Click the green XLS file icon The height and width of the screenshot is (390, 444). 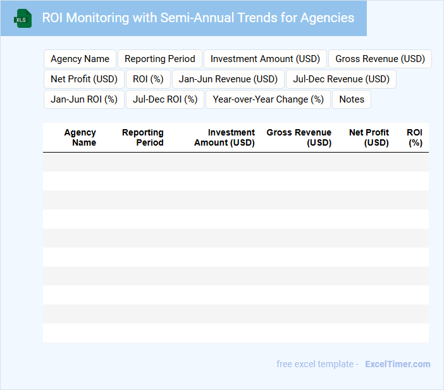pyautogui.click(x=23, y=18)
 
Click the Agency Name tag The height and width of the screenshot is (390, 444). pyautogui.click(x=80, y=59)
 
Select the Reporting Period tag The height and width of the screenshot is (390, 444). pyautogui.click(x=160, y=59)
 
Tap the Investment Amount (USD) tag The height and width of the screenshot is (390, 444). pyautogui.click(x=265, y=59)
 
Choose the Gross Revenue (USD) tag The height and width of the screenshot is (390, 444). pyautogui.click(x=380, y=59)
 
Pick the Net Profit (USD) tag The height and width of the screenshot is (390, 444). pyautogui.click(x=84, y=79)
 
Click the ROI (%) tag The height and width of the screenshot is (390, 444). pyautogui.click(x=148, y=79)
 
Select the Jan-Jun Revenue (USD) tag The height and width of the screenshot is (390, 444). pyautogui.click(x=228, y=79)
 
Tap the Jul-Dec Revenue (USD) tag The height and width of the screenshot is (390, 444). pyautogui.click(x=341, y=79)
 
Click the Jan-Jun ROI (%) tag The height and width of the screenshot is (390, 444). pyautogui.click(x=84, y=99)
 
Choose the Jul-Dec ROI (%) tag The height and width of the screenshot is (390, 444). pyautogui.click(x=165, y=99)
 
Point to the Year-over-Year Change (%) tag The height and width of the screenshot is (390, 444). pyautogui.click(x=268, y=99)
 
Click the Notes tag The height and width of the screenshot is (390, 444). pyautogui.click(x=352, y=99)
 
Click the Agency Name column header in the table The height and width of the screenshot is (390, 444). pyautogui.click(x=80, y=137)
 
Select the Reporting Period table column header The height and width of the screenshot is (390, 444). pyautogui.click(x=143, y=137)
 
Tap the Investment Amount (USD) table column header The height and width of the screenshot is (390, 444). pyautogui.click(x=225, y=137)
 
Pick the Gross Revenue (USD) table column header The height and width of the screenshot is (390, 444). pyautogui.click(x=299, y=137)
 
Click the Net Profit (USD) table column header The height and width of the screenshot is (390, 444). pyautogui.click(x=369, y=137)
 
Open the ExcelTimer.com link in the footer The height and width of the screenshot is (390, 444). pyautogui.click(x=397, y=364)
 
